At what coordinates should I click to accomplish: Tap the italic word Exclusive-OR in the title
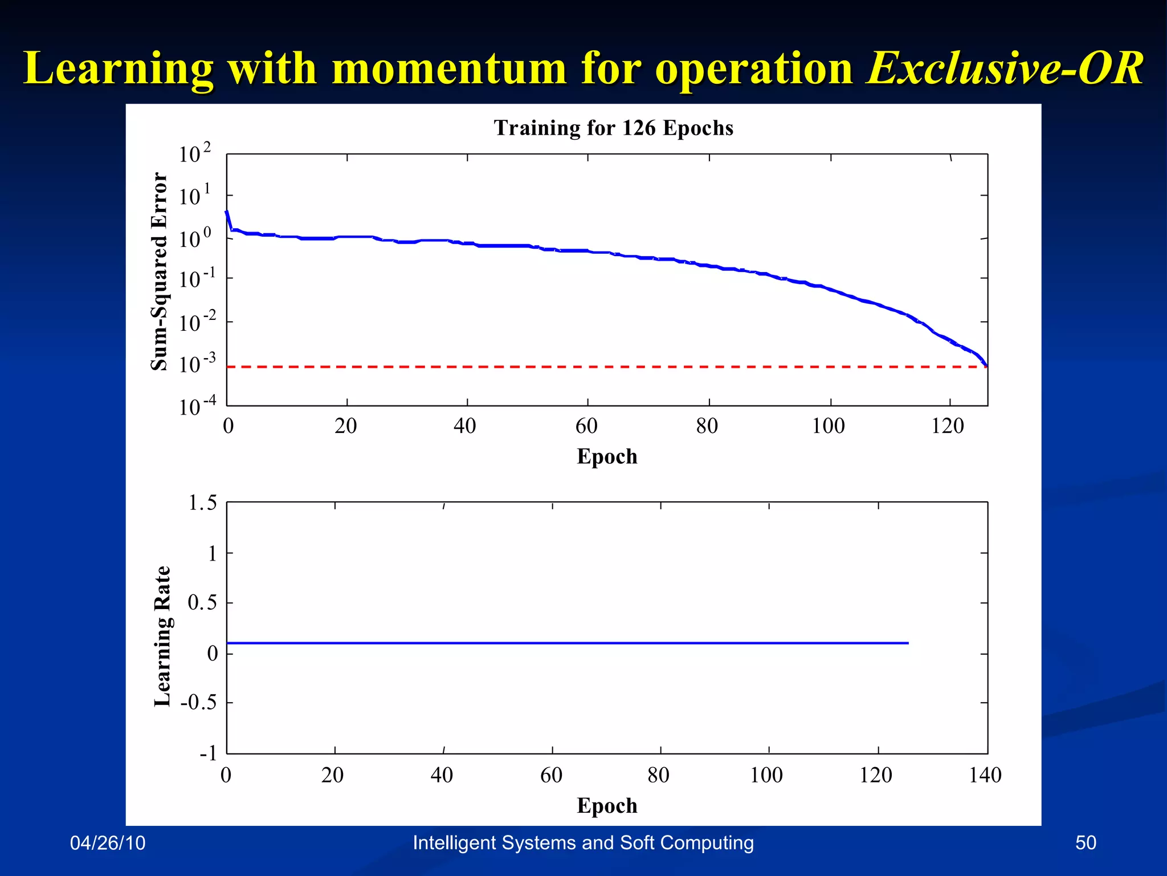tap(1004, 68)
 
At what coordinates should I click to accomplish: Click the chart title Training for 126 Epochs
tap(613, 128)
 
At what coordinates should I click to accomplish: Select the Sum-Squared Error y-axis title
tap(160, 271)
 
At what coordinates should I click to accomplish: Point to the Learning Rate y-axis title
tap(162, 636)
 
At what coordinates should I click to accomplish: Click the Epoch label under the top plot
tap(607, 457)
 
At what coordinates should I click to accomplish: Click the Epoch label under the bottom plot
tap(607, 806)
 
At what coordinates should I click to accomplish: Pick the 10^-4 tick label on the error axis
tap(197, 407)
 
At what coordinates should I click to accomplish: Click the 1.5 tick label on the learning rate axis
tap(202, 503)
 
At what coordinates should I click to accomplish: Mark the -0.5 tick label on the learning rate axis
tap(198, 702)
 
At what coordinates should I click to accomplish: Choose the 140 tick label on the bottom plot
tap(985, 775)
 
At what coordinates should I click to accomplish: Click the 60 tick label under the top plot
tap(586, 426)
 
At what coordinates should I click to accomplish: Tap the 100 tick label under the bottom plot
tap(766, 775)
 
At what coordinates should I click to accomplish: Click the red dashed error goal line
tap(570, 367)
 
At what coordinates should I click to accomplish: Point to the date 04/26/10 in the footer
tap(108, 843)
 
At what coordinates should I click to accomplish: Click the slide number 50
tap(1086, 843)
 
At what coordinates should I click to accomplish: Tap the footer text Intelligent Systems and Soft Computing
tap(583, 843)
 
